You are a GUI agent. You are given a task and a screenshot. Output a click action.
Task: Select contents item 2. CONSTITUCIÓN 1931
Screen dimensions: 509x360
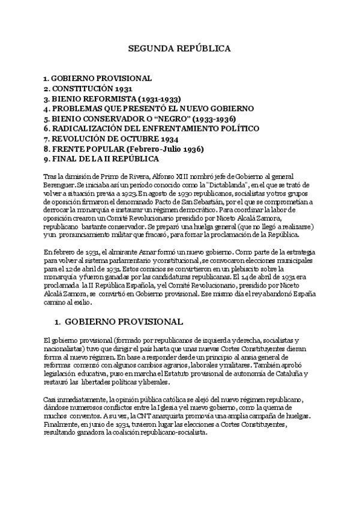point(84,89)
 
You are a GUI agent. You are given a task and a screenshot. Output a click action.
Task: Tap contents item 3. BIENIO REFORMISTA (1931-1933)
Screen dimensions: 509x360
point(112,99)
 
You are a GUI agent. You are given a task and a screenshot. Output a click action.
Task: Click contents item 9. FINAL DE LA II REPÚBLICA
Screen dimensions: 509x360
point(101,159)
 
